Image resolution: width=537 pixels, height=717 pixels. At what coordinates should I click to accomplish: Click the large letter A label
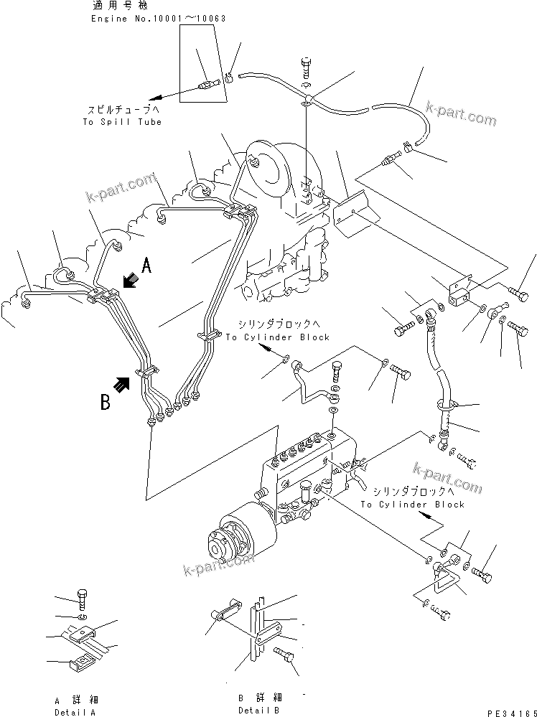point(146,267)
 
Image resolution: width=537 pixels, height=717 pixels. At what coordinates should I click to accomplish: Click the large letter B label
point(106,403)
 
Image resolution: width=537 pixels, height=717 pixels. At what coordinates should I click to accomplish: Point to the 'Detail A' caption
point(74,712)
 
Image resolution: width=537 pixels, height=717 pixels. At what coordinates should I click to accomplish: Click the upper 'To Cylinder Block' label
point(278,337)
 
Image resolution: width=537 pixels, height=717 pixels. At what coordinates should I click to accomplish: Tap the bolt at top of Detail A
point(82,599)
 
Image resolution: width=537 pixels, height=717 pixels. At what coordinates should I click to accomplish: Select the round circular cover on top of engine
point(266,169)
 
